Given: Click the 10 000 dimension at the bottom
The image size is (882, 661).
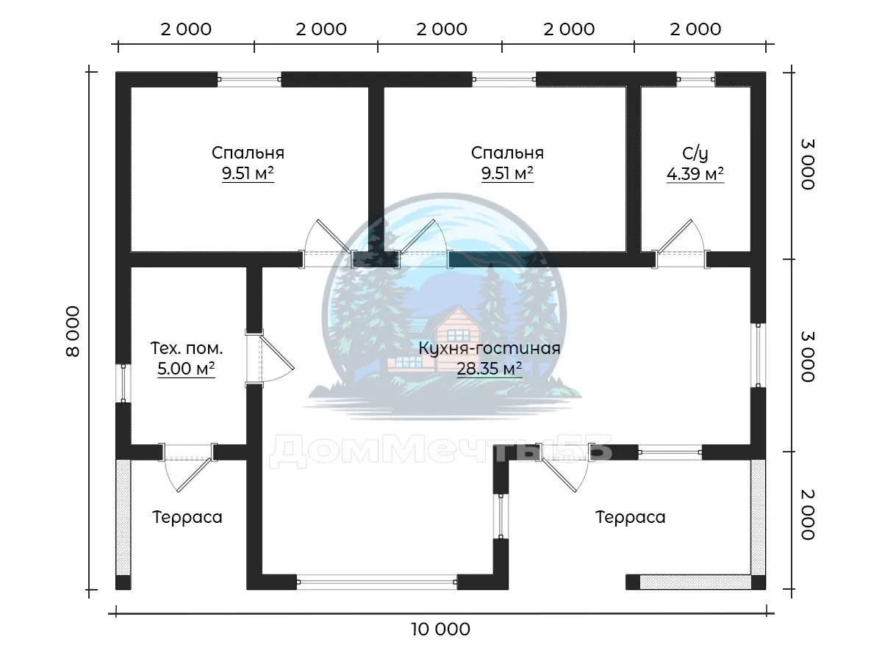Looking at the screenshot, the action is (440, 629).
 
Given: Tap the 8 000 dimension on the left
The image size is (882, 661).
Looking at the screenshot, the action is (73, 331).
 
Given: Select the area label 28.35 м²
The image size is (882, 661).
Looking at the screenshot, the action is (490, 368).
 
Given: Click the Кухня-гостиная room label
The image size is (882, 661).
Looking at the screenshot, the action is (490, 348).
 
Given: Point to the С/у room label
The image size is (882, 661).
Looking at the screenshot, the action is (695, 153).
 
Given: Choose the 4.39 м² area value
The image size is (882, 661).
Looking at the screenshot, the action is (695, 174).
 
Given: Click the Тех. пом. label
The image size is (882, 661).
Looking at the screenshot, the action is (187, 348).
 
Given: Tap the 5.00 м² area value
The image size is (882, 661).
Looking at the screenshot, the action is (186, 368).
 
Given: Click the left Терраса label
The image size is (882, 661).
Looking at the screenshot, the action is (187, 517).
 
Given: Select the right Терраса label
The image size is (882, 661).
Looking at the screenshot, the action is (630, 517).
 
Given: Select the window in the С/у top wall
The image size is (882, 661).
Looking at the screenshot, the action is (696, 79).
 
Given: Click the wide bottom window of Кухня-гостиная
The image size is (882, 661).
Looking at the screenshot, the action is (376, 582).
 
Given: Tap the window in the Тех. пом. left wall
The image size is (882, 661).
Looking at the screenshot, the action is (123, 383).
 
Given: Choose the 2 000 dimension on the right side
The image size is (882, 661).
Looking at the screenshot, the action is (808, 515).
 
